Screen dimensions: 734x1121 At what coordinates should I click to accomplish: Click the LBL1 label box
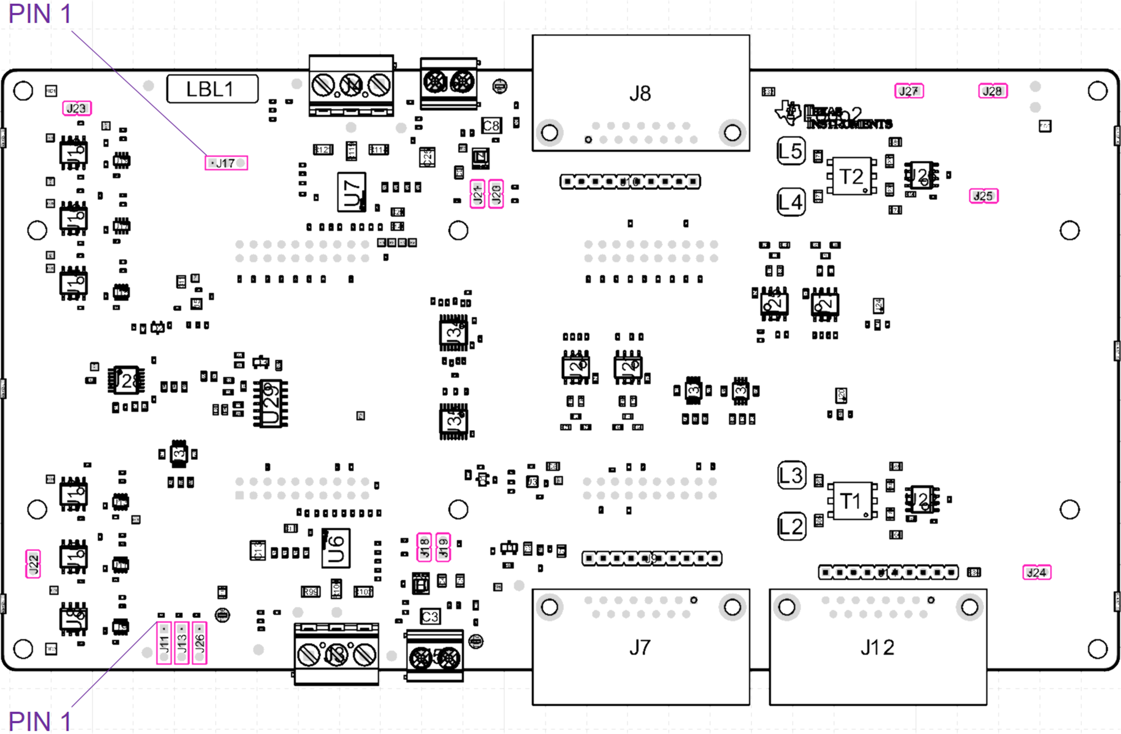212,88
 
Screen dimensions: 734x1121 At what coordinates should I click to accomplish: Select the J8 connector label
640,94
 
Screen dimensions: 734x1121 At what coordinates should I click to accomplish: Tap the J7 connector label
640,647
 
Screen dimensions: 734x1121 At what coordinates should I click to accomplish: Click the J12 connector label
877,647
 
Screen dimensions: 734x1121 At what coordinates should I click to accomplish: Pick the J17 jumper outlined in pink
226,163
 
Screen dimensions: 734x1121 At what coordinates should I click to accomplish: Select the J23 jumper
77,108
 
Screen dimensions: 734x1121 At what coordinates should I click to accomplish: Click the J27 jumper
908,91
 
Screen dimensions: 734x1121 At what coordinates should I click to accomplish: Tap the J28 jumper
992,91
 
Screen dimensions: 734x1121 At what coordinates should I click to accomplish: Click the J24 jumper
1037,572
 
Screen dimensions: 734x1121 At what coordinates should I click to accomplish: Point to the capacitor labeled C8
491,125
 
